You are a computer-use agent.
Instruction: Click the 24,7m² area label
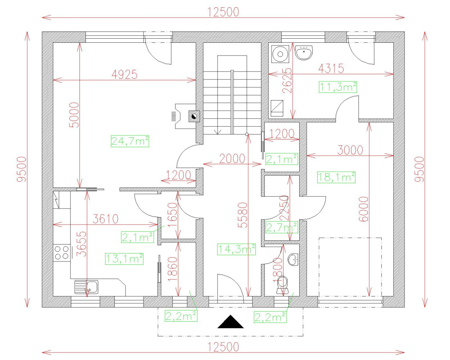coord(130,141)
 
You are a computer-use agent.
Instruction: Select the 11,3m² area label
coord(338,87)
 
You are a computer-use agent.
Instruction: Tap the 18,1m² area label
coord(336,177)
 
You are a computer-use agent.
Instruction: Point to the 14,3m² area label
coord(236,249)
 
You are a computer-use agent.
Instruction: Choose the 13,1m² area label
coord(124,259)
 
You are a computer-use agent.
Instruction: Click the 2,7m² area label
coord(281,227)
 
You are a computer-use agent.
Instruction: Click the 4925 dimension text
coord(124,75)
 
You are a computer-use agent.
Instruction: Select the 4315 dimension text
coord(331,68)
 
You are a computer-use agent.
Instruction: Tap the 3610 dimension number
coord(105,219)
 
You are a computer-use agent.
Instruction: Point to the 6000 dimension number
coord(363,209)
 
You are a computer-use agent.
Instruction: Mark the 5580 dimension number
coord(243,215)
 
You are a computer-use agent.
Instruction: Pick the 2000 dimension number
coord(232,159)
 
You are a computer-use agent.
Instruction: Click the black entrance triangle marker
coord(230,321)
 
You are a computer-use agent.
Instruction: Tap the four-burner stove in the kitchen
coord(61,253)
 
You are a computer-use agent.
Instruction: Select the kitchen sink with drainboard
coord(86,287)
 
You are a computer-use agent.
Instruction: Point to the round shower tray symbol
coord(280,54)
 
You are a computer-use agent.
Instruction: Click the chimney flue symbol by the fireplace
coord(194,116)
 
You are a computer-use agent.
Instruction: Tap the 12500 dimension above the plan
coord(223,12)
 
